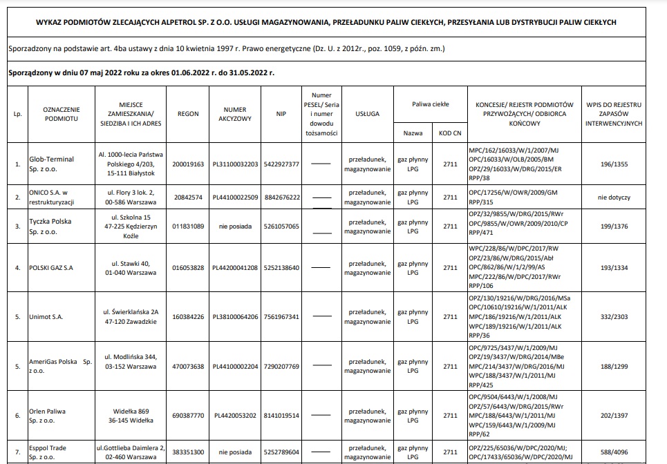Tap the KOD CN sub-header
click(450, 133)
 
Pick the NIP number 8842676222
click(281, 197)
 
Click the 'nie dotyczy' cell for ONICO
click(613, 197)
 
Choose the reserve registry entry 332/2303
click(613, 317)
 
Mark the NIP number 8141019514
click(281, 416)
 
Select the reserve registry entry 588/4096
click(613, 452)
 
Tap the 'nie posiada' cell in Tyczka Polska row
click(234, 226)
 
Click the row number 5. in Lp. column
click(17, 317)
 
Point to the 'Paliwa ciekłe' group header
click(430, 104)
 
